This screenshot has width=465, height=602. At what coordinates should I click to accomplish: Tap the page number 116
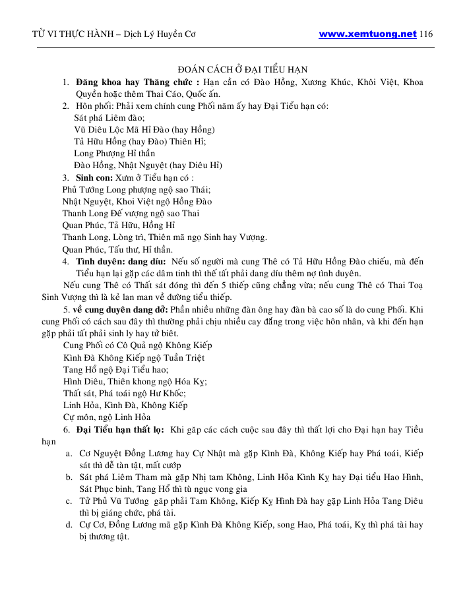coord(425,34)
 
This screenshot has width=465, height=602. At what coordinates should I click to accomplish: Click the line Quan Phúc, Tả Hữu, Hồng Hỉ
coord(113,226)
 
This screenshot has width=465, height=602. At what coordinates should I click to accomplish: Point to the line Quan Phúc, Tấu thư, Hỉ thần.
coord(117,249)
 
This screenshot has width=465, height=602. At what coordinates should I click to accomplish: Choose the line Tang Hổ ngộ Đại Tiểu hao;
coord(115,370)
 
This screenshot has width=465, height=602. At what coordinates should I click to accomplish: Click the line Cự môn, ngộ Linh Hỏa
coord(107,417)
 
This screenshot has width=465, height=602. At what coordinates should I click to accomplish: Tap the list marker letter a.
coord(69,454)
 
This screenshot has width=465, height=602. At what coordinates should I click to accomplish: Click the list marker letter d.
coord(69,526)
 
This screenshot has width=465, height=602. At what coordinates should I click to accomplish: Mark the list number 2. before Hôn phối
coord(66,105)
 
